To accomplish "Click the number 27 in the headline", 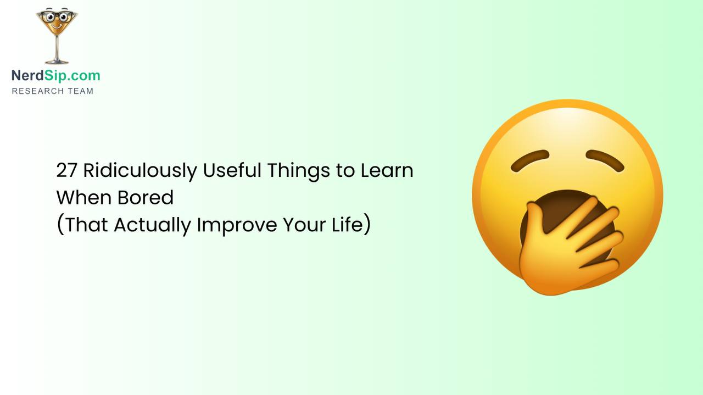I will (67, 171).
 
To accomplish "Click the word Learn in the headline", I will (387, 171).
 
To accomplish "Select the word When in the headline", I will (82, 198).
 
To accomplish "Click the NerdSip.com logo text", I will (55, 76).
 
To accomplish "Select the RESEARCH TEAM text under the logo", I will (53, 91).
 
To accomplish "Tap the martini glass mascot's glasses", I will (57, 16).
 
